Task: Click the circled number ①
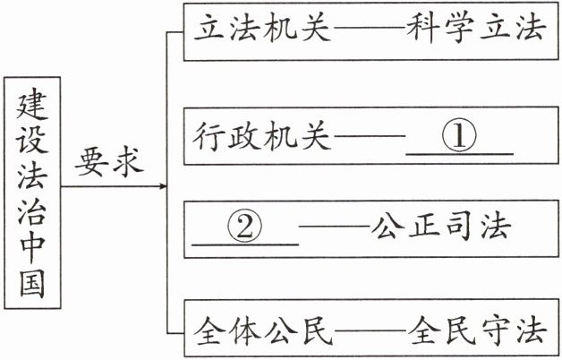click(458, 136)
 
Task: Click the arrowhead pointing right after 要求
click(163, 187)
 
